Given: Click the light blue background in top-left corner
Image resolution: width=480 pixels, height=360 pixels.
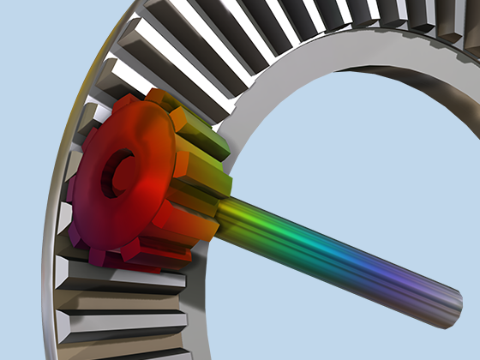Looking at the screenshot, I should (x=34, y=34).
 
